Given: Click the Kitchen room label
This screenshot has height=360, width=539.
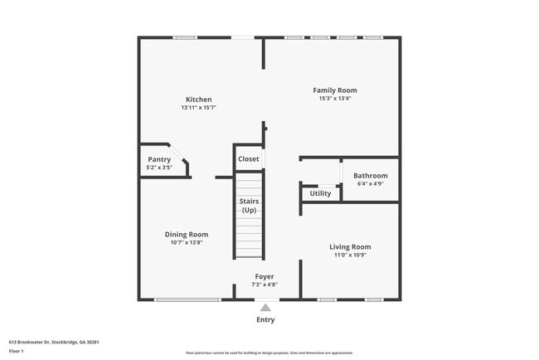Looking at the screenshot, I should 198,100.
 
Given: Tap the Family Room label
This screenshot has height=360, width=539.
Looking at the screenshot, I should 334,90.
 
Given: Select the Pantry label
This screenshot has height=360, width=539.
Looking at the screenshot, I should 159,159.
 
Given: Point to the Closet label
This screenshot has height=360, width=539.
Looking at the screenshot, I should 248,158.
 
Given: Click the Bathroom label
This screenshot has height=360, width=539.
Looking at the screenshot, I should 370,176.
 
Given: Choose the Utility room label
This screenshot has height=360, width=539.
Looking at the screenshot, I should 320,193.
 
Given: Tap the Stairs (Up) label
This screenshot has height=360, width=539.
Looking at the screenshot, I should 249,206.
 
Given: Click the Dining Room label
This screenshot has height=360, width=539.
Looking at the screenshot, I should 186,235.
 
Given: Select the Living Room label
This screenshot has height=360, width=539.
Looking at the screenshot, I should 349,246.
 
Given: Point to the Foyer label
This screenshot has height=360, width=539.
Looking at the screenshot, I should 265,276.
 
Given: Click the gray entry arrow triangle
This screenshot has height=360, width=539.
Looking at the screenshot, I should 265,307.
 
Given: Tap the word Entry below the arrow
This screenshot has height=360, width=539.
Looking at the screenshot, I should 265,319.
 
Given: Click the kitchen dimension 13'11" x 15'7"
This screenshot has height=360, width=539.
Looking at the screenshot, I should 198,108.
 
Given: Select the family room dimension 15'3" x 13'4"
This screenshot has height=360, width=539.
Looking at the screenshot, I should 334,98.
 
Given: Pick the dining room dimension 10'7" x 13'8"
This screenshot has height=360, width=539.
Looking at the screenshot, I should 186,242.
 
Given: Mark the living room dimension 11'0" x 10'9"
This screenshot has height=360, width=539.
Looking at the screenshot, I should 349,255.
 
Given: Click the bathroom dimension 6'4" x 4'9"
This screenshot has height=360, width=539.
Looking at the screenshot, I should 370,183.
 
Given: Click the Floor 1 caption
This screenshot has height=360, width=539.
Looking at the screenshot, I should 17,351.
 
